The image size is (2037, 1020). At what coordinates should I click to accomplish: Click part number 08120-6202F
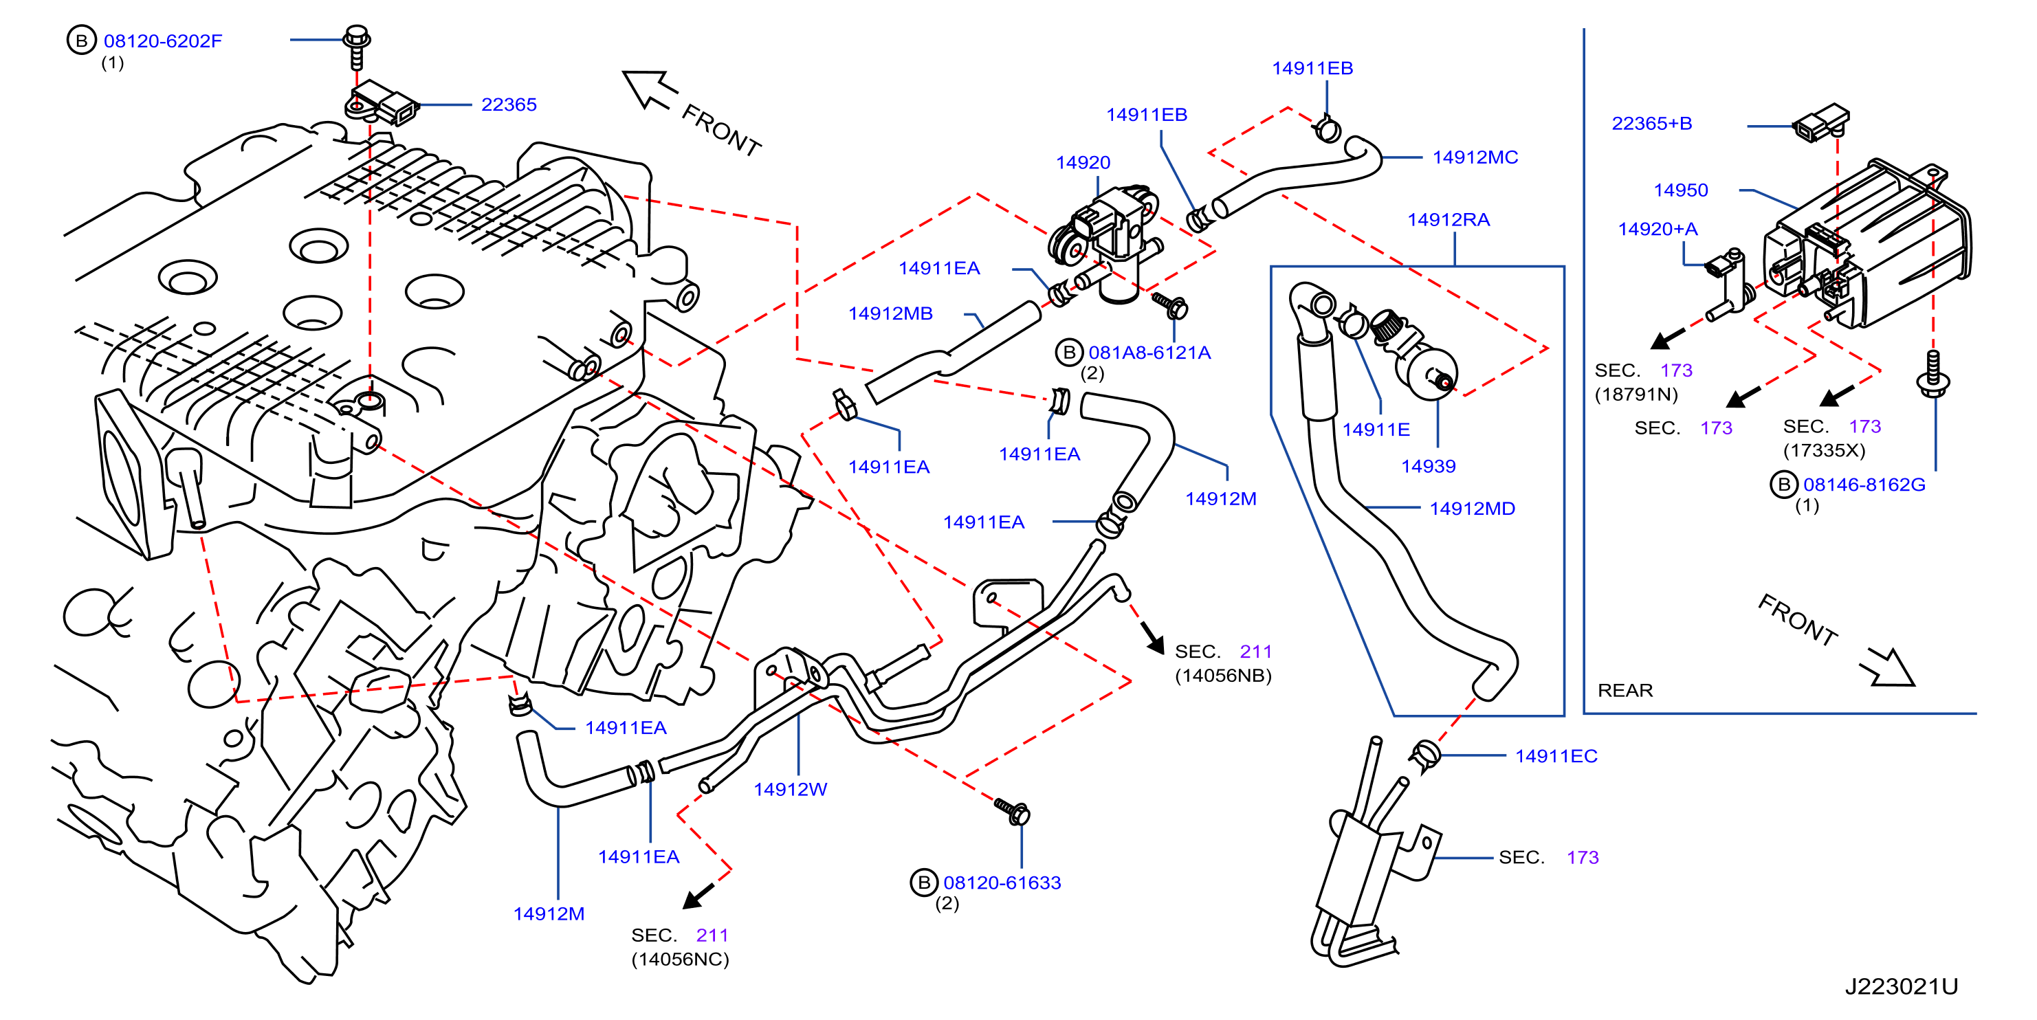[163, 41]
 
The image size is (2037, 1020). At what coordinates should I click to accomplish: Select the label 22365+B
[1652, 123]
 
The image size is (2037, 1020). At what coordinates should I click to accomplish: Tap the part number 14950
[1680, 190]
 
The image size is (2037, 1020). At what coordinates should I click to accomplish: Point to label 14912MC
[1475, 157]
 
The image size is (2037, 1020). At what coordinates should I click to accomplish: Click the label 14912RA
[1448, 220]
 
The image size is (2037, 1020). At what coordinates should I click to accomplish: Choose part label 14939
[1428, 466]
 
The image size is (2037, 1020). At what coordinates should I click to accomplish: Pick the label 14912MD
[1472, 509]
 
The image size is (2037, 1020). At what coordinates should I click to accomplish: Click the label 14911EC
[1556, 756]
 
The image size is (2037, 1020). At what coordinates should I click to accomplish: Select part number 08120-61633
[1002, 883]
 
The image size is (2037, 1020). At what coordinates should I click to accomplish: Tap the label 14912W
[790, 789]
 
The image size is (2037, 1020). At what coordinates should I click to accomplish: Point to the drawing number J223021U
[1901, 986]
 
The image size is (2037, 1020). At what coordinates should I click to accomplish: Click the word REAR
[1625, 690]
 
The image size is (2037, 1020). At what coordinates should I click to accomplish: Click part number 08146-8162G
[1864, 485]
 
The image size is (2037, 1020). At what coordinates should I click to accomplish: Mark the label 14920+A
[1658, 230]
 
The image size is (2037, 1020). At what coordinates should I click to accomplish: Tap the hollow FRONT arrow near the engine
[650, 89]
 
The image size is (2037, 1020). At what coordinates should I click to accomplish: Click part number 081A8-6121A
[1149, 353]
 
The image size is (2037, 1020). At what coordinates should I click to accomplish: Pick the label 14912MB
[890, 314]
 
